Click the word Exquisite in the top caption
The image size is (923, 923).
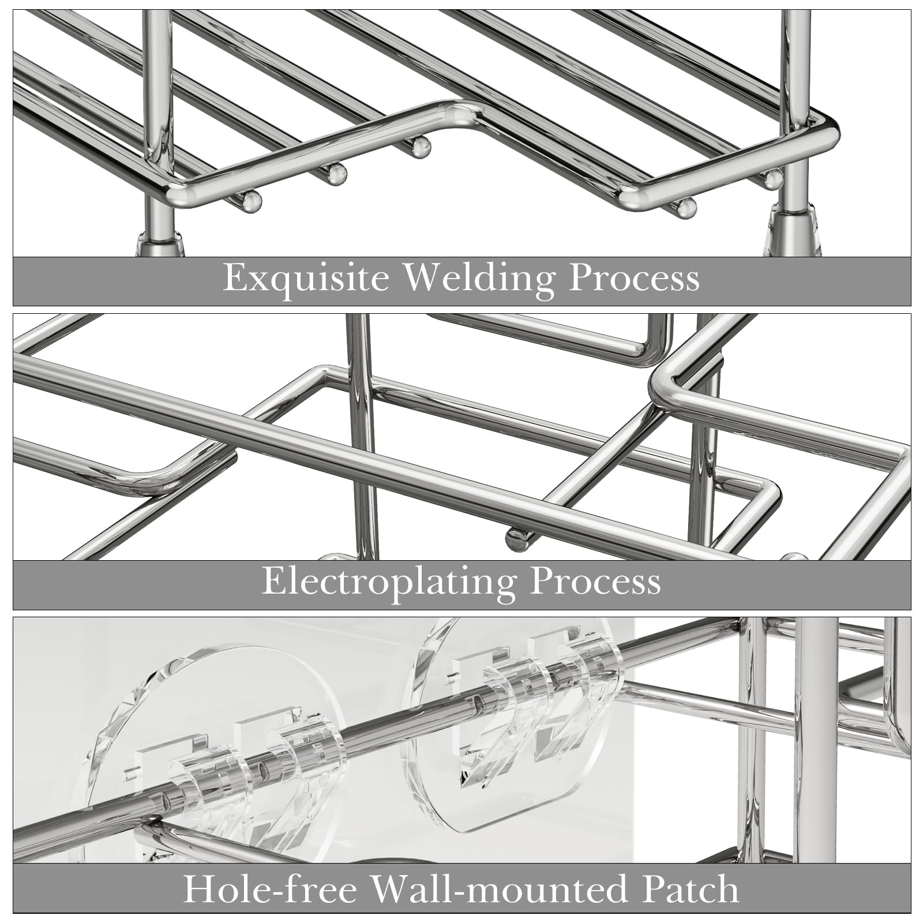point(305,278)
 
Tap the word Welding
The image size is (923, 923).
point(478,279)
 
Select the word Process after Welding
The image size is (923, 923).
point(634,278)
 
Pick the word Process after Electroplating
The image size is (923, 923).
point(595,582)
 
